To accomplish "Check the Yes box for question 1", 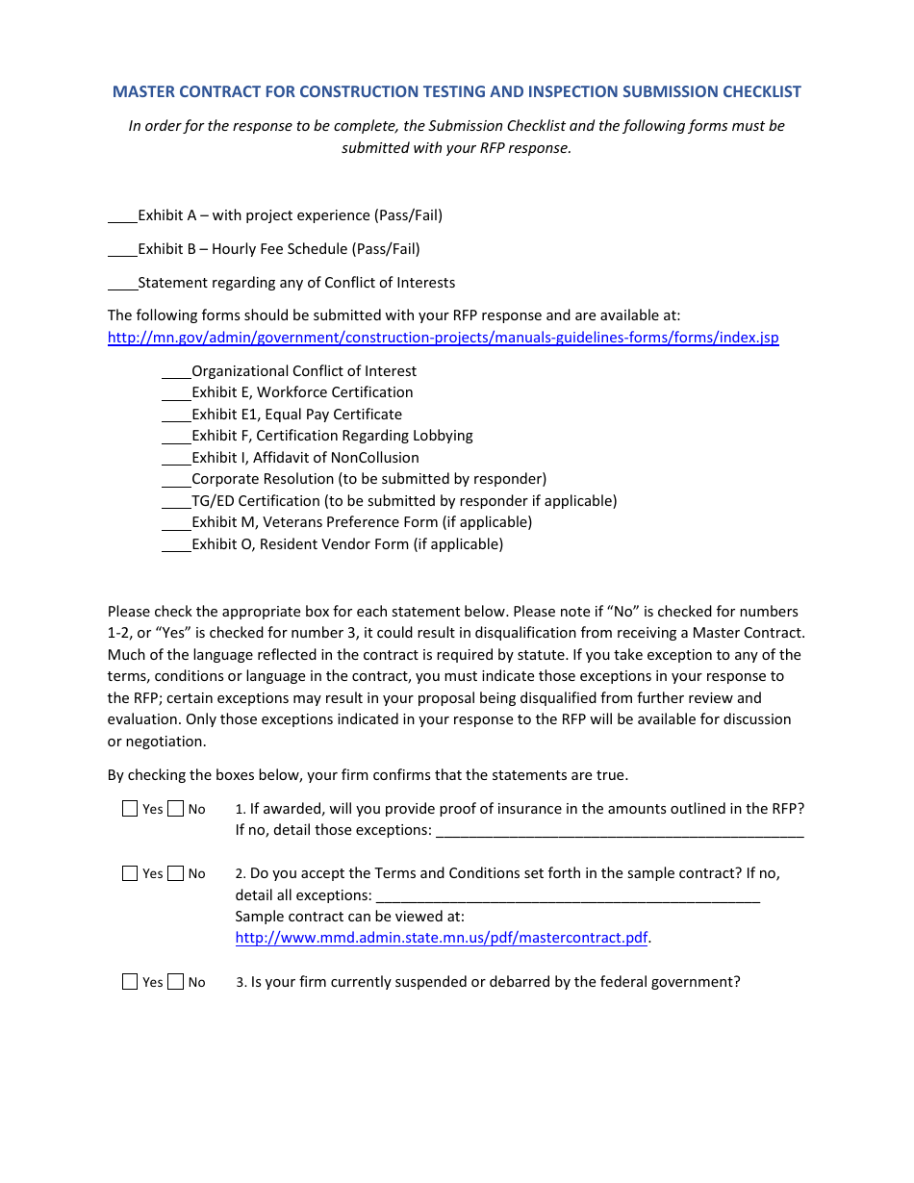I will tap(130, 809).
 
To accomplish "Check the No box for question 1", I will tap(175, 809).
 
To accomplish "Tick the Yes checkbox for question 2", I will tap(130, 873).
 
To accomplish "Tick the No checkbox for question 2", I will tap(175, 873).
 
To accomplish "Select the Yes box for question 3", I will tap(130, 982).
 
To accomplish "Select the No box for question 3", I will tap(175, 982).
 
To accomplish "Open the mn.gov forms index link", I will tap(443, 338).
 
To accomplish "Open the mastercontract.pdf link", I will tap(442, 938).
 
